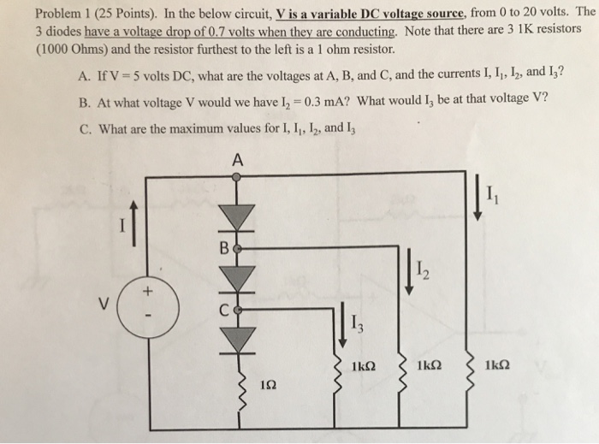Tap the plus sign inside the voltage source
point(145,292)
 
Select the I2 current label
point(425,274)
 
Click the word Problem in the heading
point(61,13)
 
